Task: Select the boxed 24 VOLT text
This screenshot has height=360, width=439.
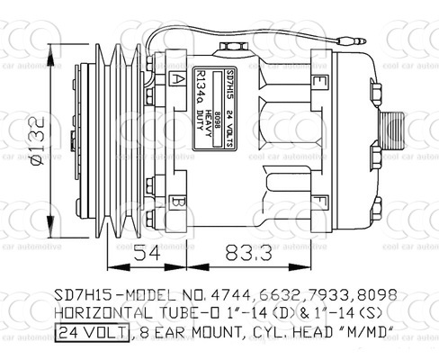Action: tap(92, 332)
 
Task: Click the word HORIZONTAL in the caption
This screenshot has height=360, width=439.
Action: tap(99, 314)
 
